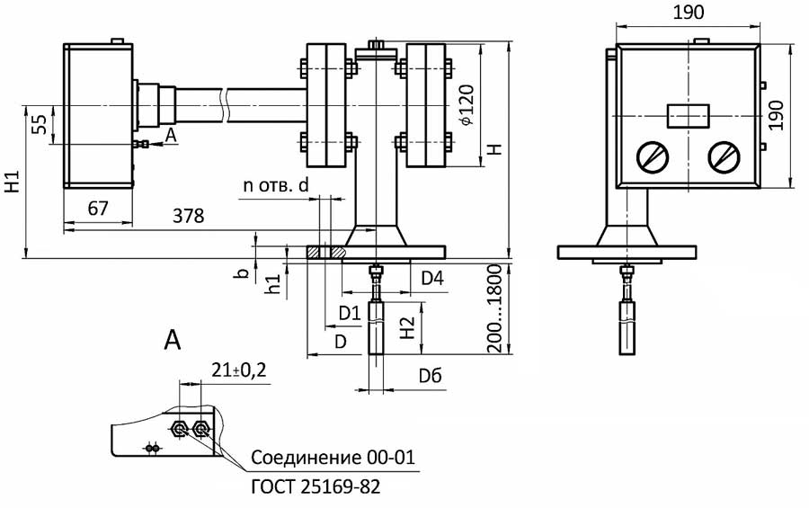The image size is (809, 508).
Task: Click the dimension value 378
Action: (x=188, y=217)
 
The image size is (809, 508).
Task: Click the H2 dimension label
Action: (x=407, y=329)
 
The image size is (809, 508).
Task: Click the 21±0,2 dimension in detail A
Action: (x=240, y=370)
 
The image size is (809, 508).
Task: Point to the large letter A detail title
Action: (x=173, y=339)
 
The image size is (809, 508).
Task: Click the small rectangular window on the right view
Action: (x=688, y=116)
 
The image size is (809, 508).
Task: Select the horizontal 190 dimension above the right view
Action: (x=687, y=12)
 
